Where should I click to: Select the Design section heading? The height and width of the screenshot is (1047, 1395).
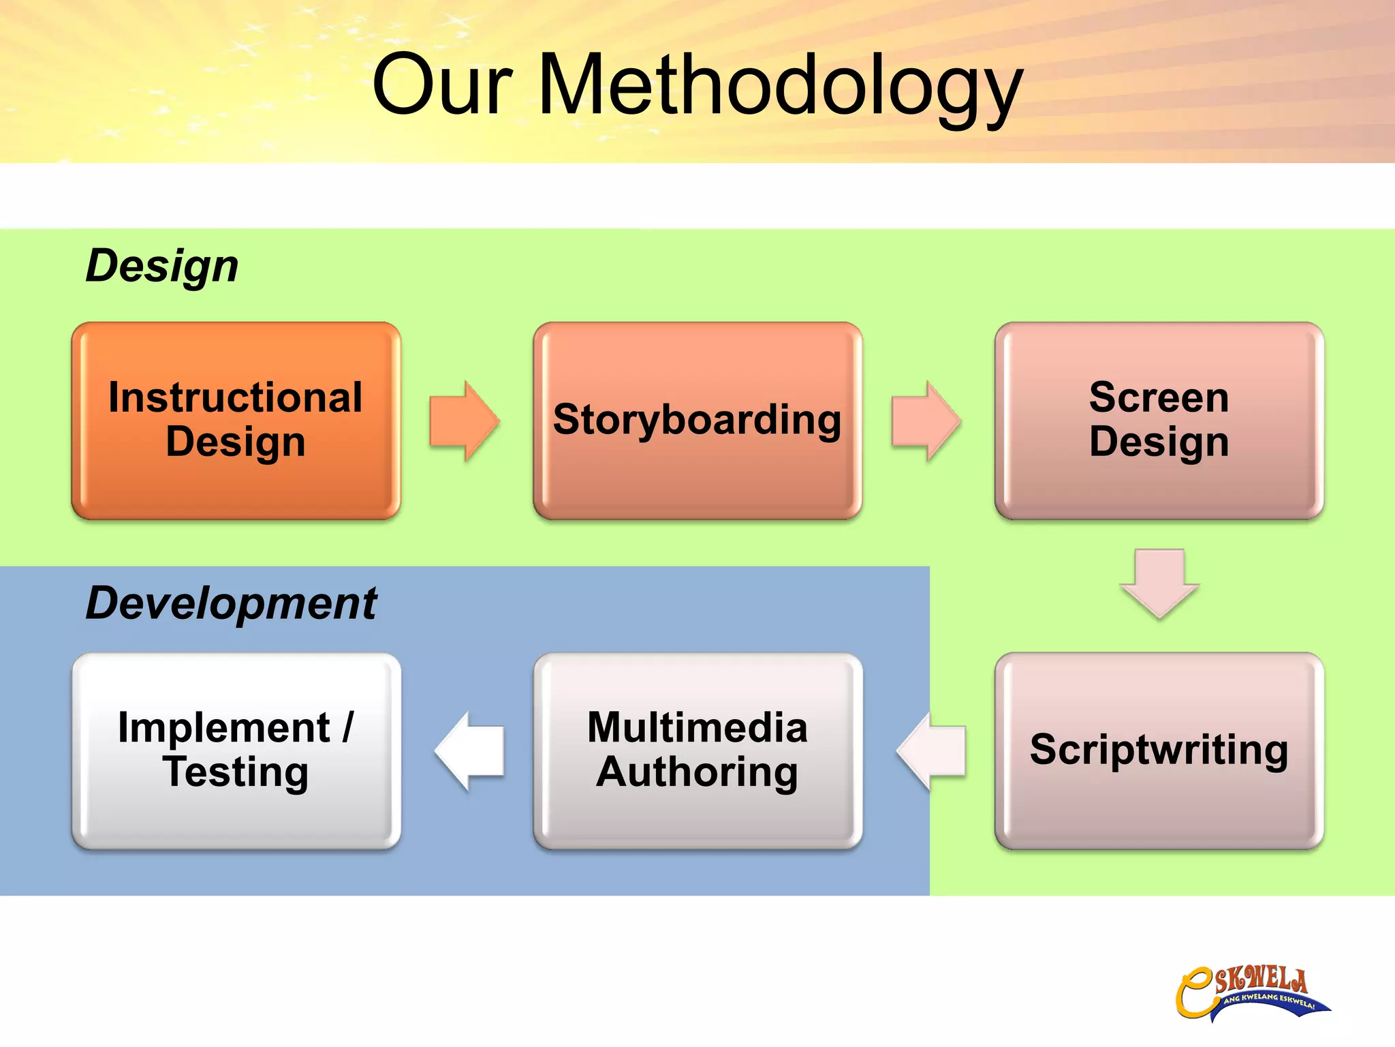(162, 265)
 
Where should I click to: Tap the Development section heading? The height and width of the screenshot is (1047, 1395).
(231, 603)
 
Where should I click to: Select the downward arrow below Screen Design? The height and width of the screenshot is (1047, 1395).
(1159, 583)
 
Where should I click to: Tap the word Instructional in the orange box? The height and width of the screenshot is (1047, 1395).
(236, 397)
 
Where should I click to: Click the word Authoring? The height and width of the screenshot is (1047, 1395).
(697, 772)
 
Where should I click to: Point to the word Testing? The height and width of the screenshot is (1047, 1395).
(236, 772)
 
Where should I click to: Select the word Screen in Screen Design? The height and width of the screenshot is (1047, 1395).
(1159, 397)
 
